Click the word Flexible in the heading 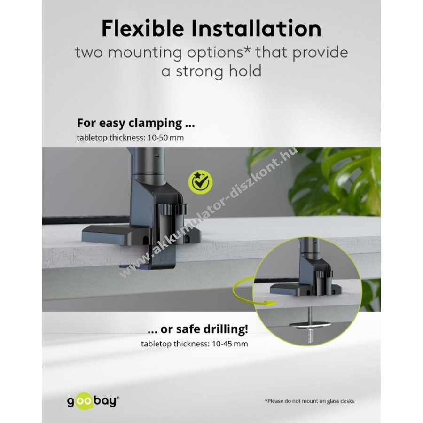143,28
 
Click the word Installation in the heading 257,28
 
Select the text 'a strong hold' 211,71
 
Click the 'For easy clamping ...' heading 136,123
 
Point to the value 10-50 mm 165,138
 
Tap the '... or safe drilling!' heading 198,329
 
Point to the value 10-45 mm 230,344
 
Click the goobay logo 93,401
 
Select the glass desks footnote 310,401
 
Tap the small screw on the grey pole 157,156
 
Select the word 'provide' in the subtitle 321,53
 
